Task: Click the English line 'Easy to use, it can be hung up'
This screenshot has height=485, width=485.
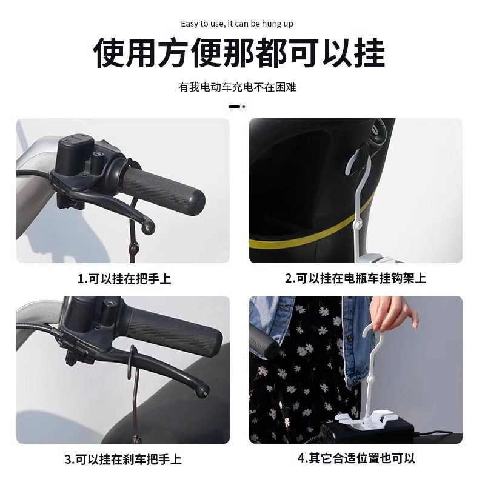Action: point(237,24)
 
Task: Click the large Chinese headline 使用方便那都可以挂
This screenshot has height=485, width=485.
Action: point(239,54)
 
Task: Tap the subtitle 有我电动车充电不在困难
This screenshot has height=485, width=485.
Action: point(237,87)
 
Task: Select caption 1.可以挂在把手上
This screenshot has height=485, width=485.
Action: point(124,279)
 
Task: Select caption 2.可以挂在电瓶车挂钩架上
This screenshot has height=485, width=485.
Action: point(356,279)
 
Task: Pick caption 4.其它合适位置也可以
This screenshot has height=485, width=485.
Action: point(356,458)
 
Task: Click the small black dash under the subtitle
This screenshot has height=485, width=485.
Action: point(235,107)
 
